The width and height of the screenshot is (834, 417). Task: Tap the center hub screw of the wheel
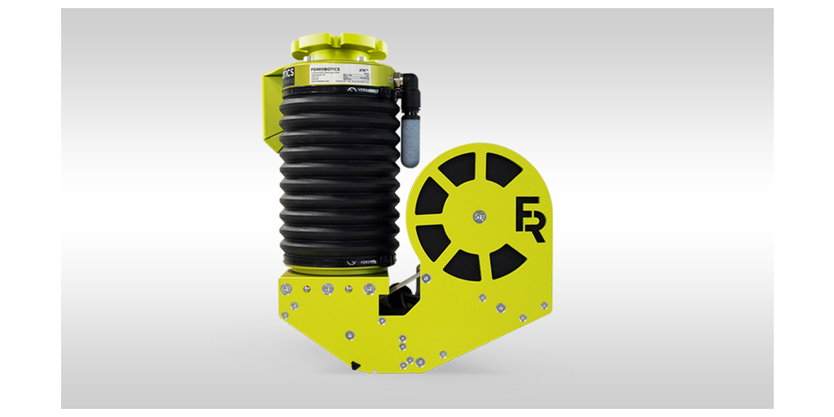click(477, 217)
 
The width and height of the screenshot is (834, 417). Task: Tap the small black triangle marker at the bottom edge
click(355, 365)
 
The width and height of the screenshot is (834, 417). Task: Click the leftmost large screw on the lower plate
click(285, 289)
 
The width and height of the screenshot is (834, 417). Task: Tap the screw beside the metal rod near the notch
click(425, 279)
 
